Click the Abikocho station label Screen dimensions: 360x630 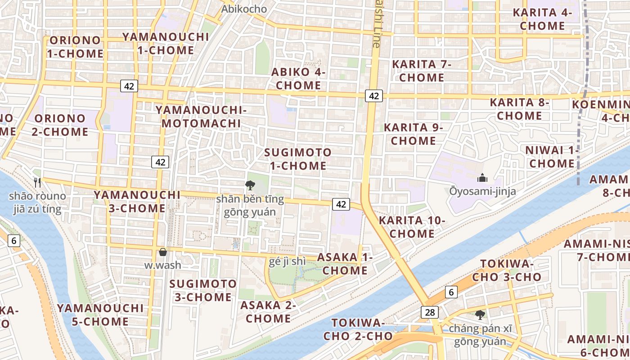(x=244, y=9)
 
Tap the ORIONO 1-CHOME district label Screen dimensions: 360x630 (x=75, y=47)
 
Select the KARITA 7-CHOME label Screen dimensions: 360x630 (x=421, y=71)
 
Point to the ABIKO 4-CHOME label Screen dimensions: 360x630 (x=298, y=78)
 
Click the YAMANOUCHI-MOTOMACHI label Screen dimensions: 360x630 (x=201, y=116)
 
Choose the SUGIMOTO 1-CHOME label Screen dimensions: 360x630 (x=297, y=159)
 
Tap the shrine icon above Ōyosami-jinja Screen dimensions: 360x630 (x=482, y=178)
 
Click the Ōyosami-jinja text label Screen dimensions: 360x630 (x=482, y=191)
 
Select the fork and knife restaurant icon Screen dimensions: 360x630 (x=37, y=182)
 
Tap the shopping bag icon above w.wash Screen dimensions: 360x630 (x=162, y=252)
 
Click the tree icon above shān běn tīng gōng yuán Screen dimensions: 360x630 (x=250, y=185)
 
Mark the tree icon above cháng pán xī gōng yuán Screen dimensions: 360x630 (x=480, y=315)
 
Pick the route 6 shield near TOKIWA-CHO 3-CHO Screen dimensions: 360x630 (x=451, y=292)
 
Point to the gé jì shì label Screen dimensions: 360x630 (x=287, y=261)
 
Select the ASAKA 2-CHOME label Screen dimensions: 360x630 (x=268, y=311)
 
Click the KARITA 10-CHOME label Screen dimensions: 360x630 (x=412, y=227)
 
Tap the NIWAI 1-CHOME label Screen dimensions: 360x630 (x=552, y=157)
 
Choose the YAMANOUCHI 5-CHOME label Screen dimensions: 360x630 (x=100, y=315)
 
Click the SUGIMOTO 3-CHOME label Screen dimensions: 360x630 (x=203, y=290)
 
